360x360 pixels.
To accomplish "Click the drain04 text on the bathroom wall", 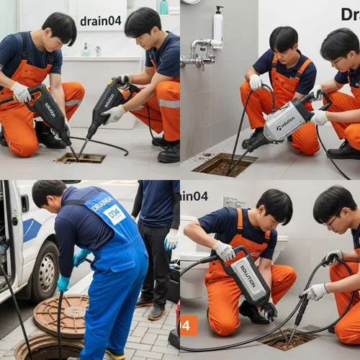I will coord(100,21).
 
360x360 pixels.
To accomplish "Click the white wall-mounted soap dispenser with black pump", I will coord(217,26).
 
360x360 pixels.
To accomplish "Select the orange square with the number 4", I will coord(188,325).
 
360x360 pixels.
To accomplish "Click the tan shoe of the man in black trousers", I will coord(156,312).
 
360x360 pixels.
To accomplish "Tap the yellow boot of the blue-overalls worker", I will coord(115,354).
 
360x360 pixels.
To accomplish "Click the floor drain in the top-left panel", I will coord(81,158).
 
